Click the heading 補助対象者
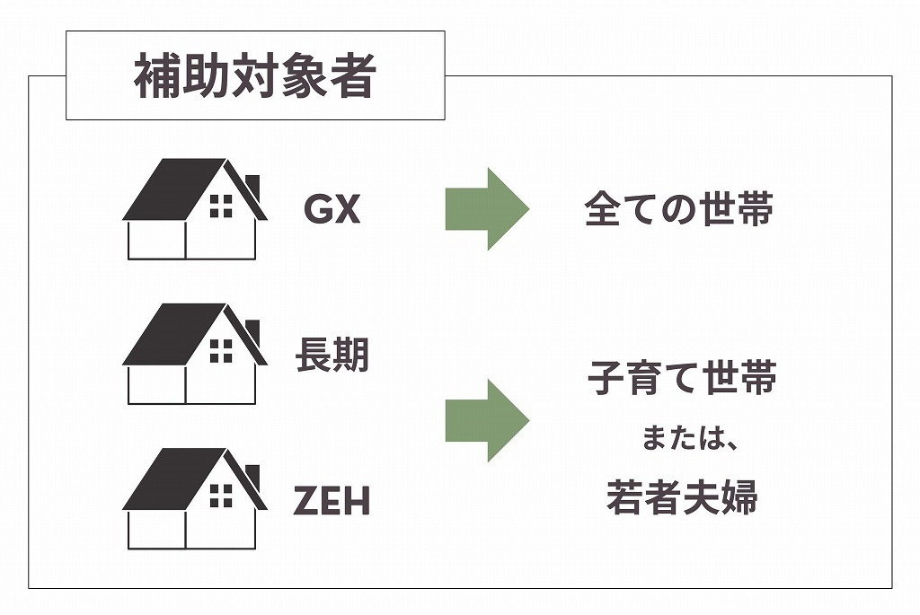(x=254, y=77)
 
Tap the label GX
(x=332, y=209)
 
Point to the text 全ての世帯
(x=678, y=209)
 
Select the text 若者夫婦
(x=682, y=497)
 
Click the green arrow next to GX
(x=486, y=208)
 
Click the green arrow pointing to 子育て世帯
(x=486, y=420)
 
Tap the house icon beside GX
(x=193, y=209)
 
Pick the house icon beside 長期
(x=193, y=354)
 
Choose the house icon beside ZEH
(x=193, y=498)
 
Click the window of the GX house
(x=220, y=206)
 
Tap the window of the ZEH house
(x=220, y=495)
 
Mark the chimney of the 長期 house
(x=252, y=328)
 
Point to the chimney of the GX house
(x=252, y=183)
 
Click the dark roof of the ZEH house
(x=175, y=479)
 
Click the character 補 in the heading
(x=156, y=77)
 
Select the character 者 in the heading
(x=352, y=77)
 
